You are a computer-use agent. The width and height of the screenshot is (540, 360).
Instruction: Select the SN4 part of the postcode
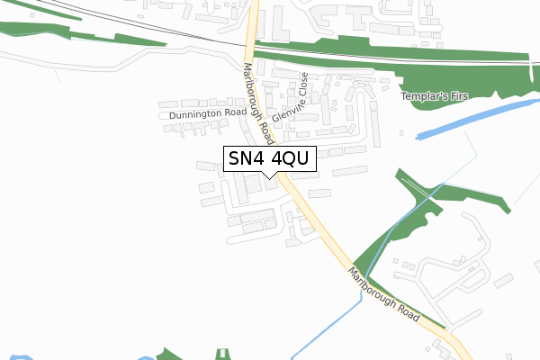[246, 159]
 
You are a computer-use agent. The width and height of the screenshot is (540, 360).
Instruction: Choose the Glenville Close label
[290, 100]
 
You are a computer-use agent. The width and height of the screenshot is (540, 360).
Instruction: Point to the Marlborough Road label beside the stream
[384, 295]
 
